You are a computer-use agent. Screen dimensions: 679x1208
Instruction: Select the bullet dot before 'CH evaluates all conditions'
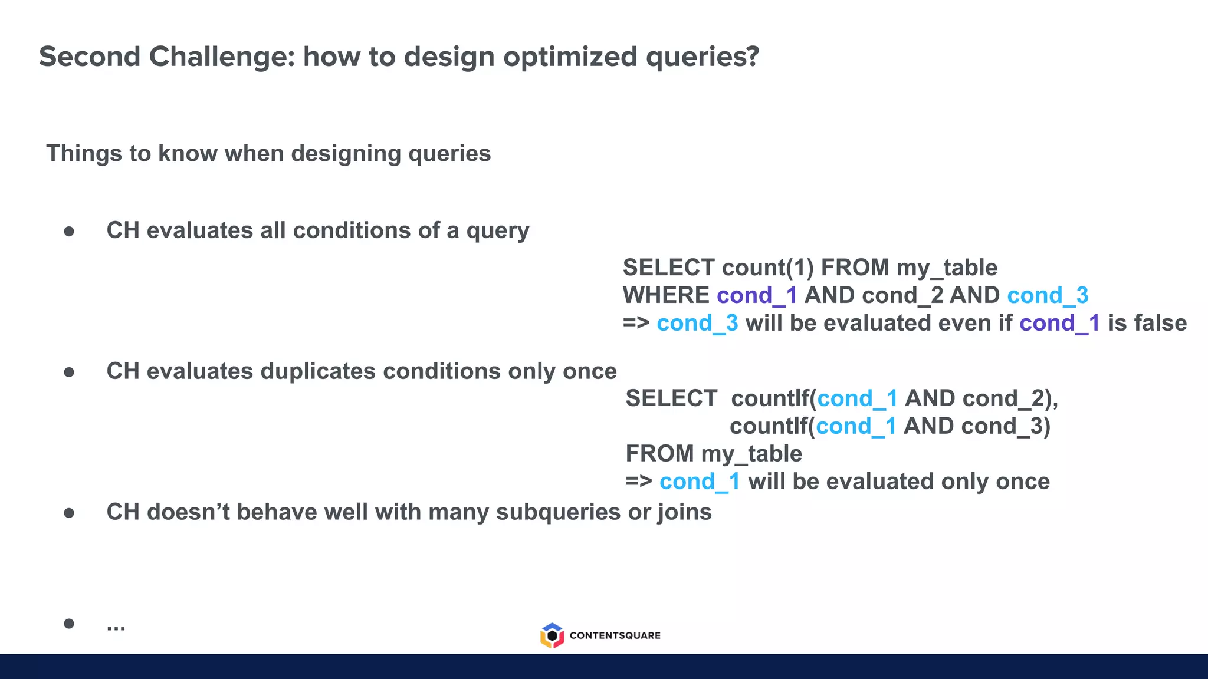pyautogui.click(x=69, y=231)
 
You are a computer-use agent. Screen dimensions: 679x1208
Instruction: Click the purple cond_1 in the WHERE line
pyautogui.click(x=757, y=295)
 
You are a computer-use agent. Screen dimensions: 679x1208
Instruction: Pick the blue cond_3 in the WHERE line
pyautogui.click(x=1048, y=295)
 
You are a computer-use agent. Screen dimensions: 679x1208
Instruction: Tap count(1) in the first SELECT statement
pyautogui.click(x=767, y=268)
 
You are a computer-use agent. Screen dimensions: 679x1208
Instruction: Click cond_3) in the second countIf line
pyautogui.click(x=1005, y=426)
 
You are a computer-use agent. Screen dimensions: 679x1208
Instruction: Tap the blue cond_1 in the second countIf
pyautogui.click(x=856, y=426)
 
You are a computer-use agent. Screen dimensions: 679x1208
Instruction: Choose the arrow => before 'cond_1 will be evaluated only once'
pyautogui.click(x=639, y=482)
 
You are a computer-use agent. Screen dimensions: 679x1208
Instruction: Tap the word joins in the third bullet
pyautogui.click(x=685, y=512)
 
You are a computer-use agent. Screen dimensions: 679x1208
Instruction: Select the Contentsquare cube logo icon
pyautogui.click(x=552, y=635)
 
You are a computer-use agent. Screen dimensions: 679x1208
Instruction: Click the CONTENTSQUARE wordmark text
pyautogui.click(x=615, y=635)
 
